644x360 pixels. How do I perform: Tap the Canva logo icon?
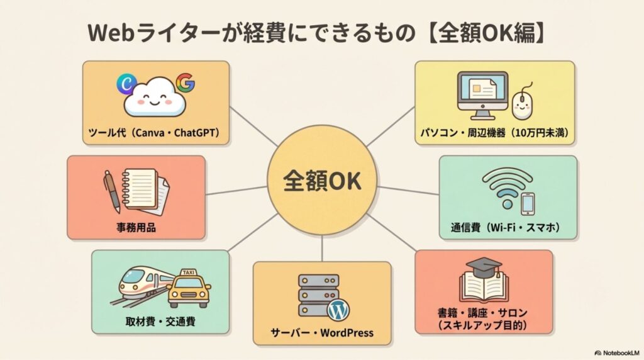coord(127,83)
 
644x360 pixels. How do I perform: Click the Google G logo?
coord(185,83)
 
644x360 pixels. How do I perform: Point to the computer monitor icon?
coord(482,95)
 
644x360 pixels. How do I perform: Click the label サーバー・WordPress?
coord(321,332)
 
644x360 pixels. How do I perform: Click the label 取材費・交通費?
coord(160,322)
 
